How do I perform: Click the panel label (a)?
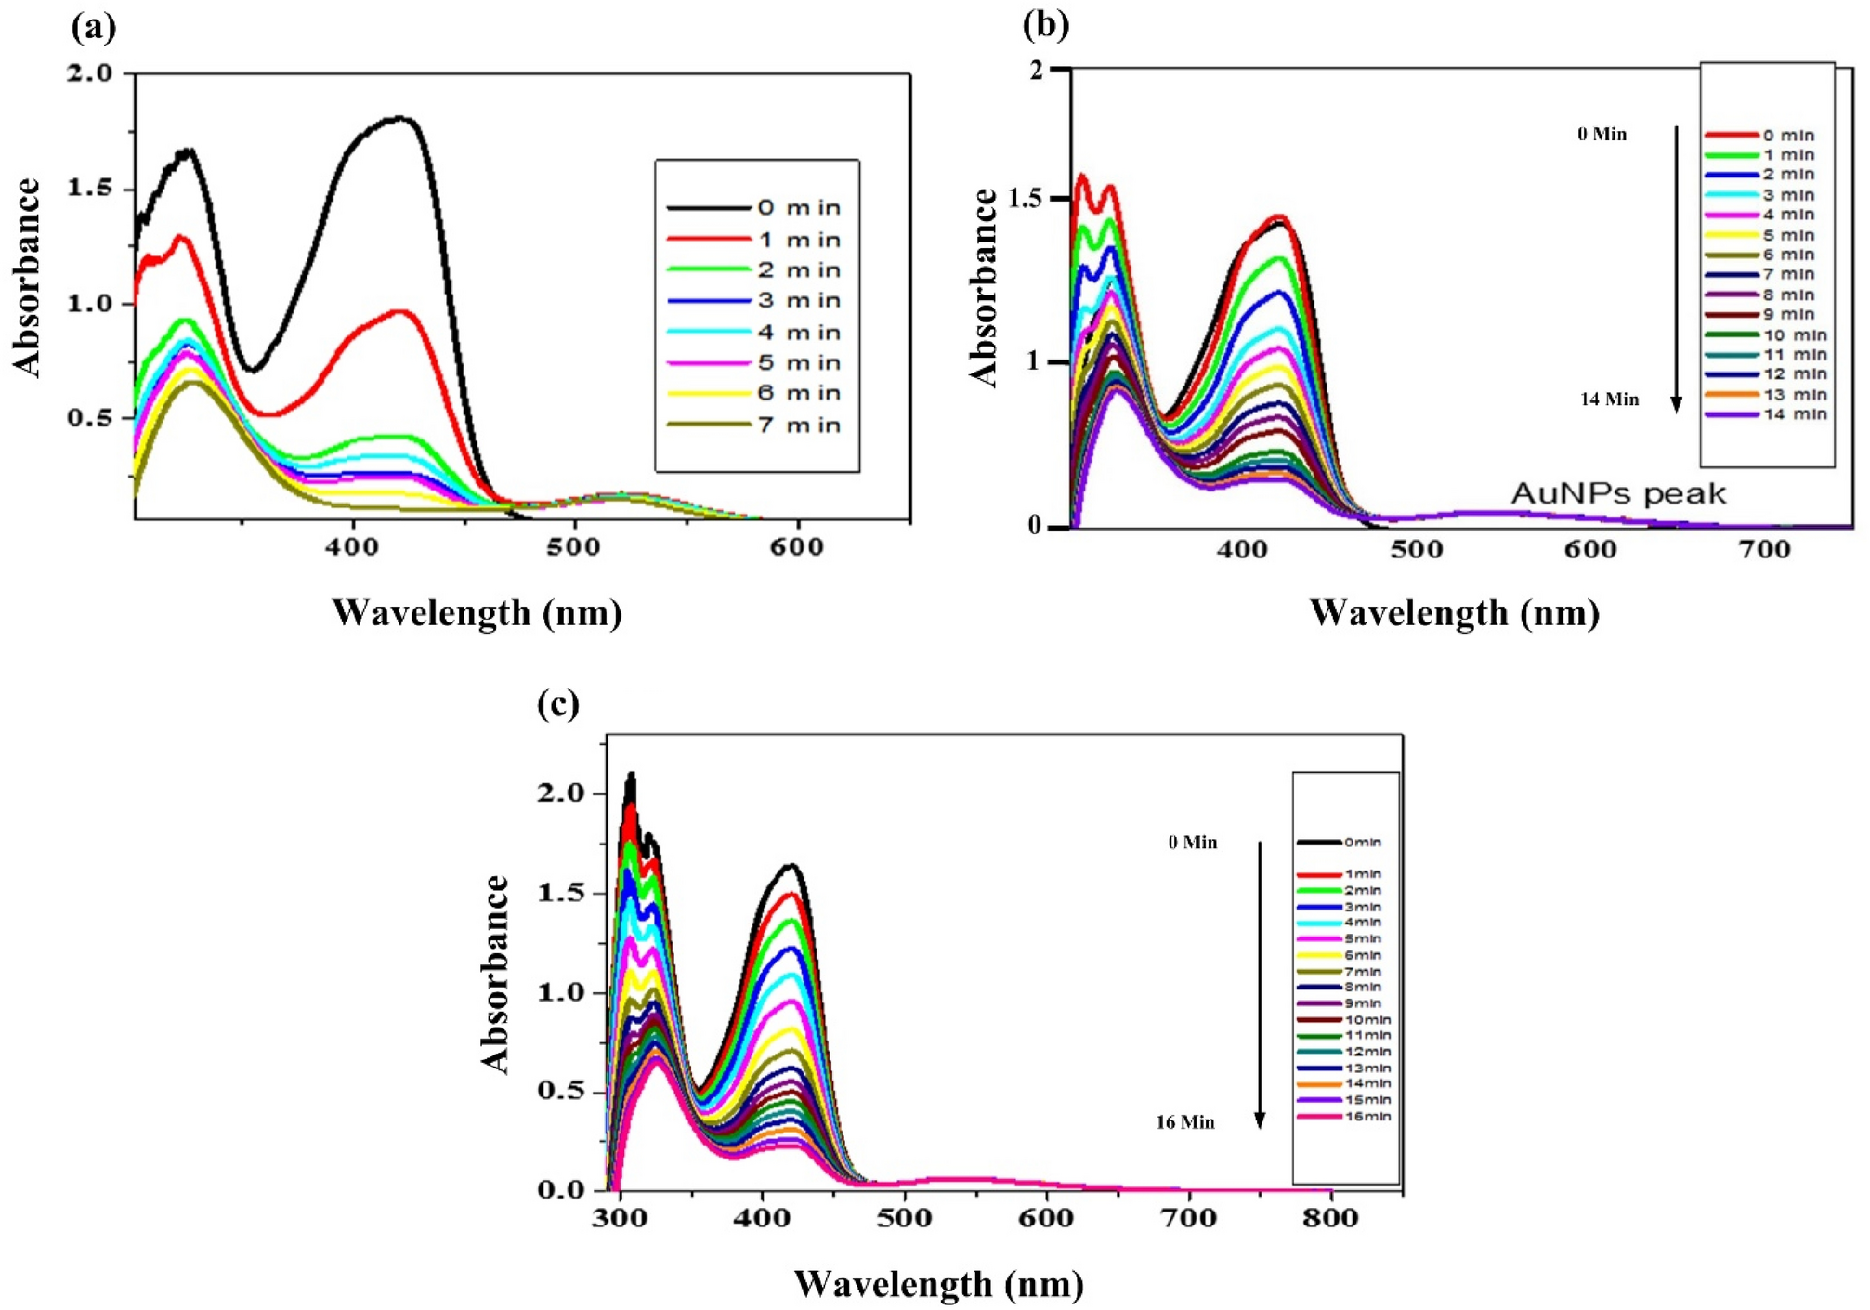pos(94,28)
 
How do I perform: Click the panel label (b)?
pos(1045,25)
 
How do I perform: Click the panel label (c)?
pos(558,704)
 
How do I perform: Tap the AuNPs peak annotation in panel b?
pos(1618,493)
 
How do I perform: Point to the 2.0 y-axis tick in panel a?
pos(89,72)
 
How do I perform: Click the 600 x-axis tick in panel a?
pos(797,547)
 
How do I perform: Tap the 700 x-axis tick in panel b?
pos(1764,550)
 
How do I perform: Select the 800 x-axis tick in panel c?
pos(1330,1218)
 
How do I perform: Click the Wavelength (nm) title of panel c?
pos(938,1284)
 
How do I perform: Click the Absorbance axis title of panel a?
pos(28,278)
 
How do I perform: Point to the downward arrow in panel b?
pos(1676,269)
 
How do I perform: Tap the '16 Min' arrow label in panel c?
pos(1184,1122)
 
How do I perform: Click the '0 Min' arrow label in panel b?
pos(1602,134)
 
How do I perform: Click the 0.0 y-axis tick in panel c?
pos(561,1190)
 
